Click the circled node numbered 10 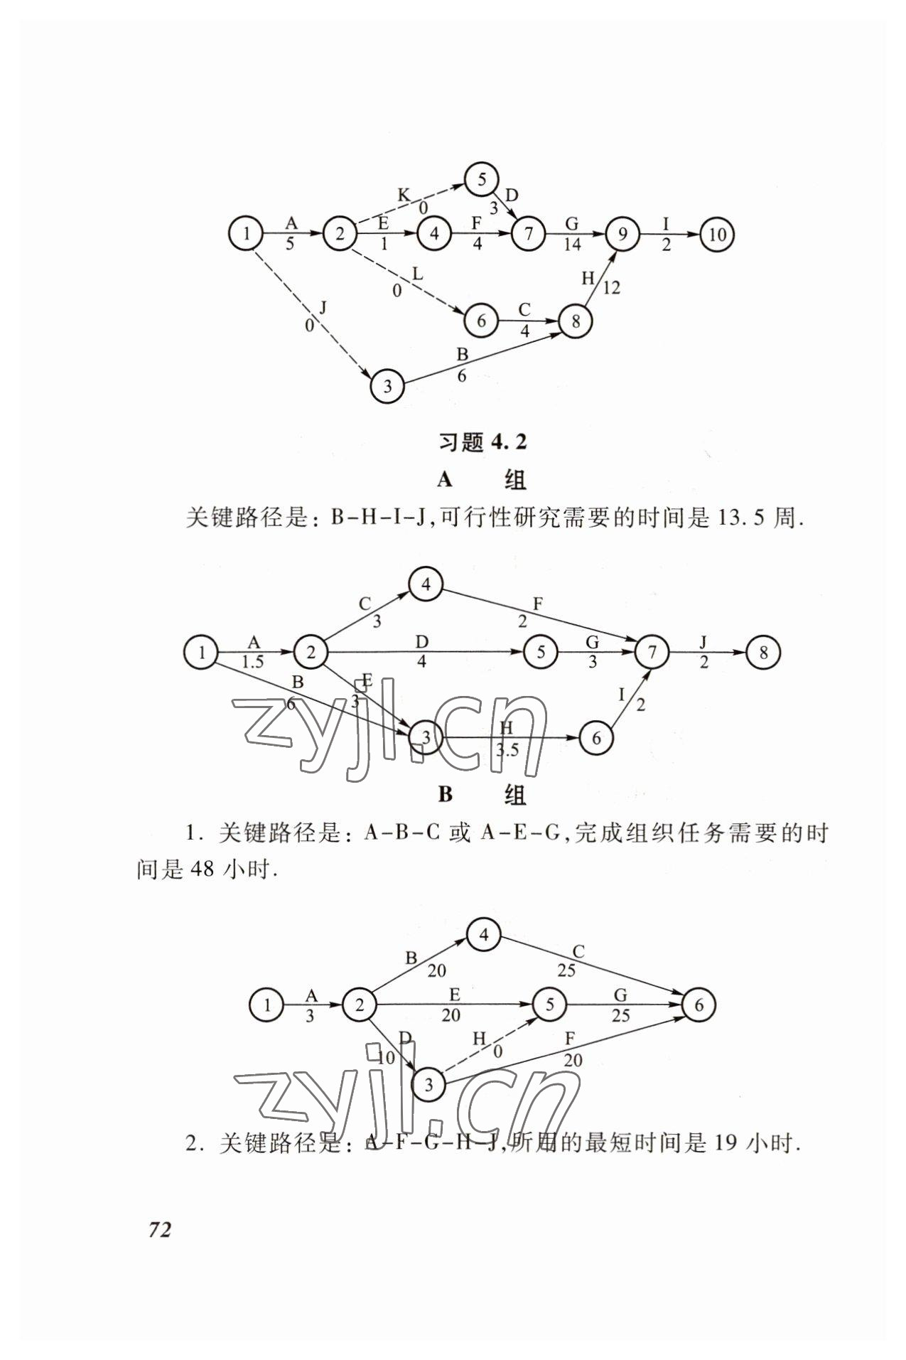pyautogui.click(x=716, y=234)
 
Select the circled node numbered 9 pyautogui.click(x=622, y=234)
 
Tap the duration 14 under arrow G pyautogui.click(x=572, y=245)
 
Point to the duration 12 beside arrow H pyautogui.click(x=611, y=288)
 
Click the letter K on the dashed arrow pyautogui.click(x=404, y=194)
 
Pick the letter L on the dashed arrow pyautogui.click(x=417, y=274)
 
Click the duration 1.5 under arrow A pyautogui.click(x=252, y=662)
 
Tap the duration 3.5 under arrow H pyautogui.click(x=507, y=750)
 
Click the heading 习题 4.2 pyautogui.click(x=482, y=442)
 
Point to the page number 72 pyautogui.click(x=160, y=1229)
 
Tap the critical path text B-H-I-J pyautogui.click(x=377, y=518)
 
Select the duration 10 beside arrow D pyautogui.click(x=386, y=1057)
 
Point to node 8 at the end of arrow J pyautogui.click(x=763, y=652)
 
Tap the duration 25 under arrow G pyautogui.click(x=620, y=1015)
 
